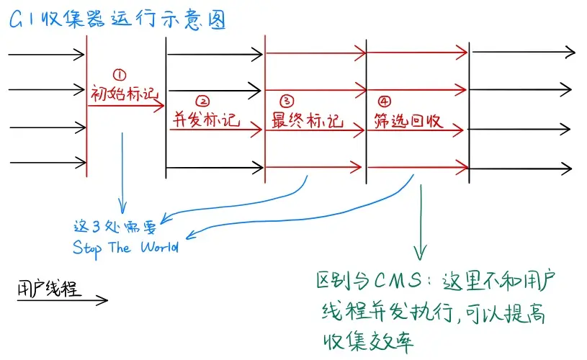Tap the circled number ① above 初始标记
pos(120,74)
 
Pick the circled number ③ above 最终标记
pos(286,100)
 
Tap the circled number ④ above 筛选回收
pos(382,100)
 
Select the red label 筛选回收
pos(408,119)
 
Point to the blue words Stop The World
pos(125,247)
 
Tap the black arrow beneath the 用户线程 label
pos(61,300)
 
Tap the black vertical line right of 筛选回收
pos(469,108)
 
